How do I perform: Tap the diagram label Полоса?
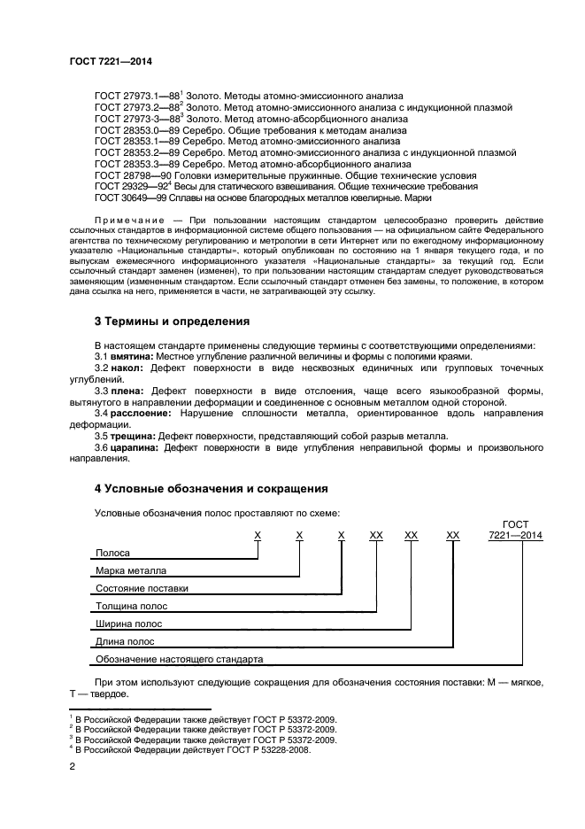(x=113, y=553)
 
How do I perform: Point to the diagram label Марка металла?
(x=130, y=570)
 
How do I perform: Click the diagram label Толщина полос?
(x=131, y=606)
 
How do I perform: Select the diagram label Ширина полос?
(x=128, y=624)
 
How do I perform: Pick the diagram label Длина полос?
(x=126, y=641)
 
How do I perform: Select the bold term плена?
(x=128, y=391)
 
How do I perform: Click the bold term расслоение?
(x=141, y=414)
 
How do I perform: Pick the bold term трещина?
(x=133, y=437)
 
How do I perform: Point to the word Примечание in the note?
(x=128, y=218)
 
